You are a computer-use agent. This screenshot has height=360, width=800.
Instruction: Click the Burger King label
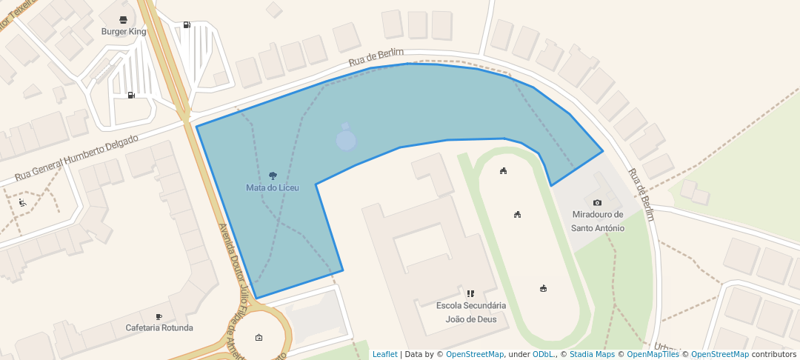point(124,32)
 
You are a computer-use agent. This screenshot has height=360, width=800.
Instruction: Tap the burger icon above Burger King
point(124,19)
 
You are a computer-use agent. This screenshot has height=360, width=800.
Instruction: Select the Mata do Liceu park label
point(273,188)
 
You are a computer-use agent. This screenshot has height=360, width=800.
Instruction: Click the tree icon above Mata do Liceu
point(273,176)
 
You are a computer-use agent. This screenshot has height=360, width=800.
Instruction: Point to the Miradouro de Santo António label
point(598,221)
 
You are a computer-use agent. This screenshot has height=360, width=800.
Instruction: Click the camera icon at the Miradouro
point(598,202)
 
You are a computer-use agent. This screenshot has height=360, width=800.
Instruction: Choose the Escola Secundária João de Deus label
point(470,312)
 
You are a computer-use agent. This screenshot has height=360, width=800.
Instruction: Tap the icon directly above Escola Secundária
point(470,293)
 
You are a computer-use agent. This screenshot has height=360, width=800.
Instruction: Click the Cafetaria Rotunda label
point(159,327)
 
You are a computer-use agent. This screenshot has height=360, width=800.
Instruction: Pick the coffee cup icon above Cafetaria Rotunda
point(159,316)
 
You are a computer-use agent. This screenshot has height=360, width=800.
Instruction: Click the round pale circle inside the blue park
point(346,140)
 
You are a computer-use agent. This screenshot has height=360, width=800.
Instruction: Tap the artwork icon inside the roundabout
point(259,338)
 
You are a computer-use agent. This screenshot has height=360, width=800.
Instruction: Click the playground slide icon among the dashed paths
point(23,202)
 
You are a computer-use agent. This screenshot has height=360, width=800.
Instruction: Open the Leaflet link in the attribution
point(384,354)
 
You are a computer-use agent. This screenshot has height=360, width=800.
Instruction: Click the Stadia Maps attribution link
point(591,354)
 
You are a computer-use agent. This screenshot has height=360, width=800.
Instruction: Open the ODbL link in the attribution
point(543,354)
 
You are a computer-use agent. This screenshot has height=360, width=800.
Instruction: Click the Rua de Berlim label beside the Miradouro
point(641,195)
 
